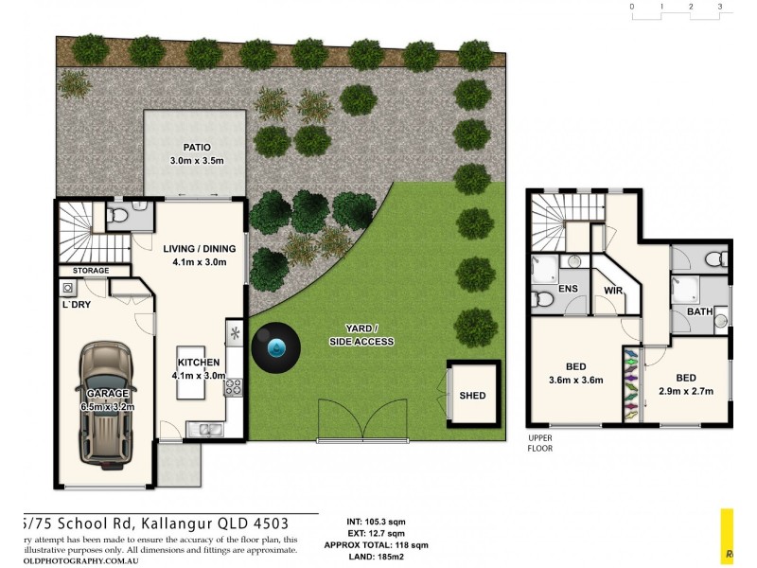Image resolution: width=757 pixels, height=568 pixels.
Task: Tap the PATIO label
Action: (196, 147)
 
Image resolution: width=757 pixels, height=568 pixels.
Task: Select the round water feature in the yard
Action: (276, 349)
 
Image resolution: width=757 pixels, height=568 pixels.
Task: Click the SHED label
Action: (472, 396)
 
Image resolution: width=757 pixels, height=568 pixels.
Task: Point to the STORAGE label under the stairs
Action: (91, 271)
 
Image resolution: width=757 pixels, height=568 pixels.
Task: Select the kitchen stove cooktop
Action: (233, 386)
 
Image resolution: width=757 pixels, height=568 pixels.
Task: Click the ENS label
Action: (569, 289)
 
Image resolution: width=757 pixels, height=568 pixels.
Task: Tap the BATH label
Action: (700, 311)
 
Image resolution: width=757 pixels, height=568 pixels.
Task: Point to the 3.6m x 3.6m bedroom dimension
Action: (576, 382)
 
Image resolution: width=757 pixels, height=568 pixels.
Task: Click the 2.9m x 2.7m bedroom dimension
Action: (686, 391)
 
